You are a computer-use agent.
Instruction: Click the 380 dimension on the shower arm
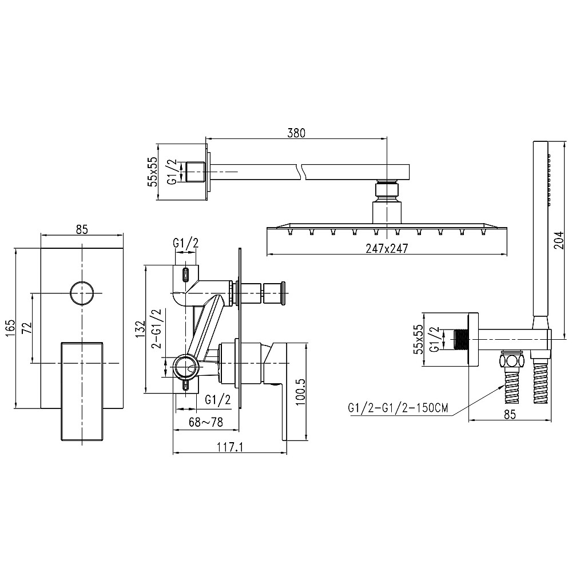click(x=296, y=133)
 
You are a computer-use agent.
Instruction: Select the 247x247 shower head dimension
click(x=387, y=248)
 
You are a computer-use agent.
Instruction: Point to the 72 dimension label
click(x=26, y=328)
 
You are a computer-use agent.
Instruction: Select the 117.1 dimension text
click(x=230, y=447)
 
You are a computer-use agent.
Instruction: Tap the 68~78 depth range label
click(x=206, y=422)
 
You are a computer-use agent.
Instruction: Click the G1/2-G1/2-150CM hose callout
click(x=398, y=407)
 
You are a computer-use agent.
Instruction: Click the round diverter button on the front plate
click(x=82, y=293)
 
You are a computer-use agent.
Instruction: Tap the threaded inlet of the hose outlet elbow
click(x=461, y=340)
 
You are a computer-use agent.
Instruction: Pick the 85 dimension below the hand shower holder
click(x=510, y=414)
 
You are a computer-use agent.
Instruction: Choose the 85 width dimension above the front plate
click(x=82, y=229)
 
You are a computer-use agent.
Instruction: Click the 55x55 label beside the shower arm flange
click(x=153, y=172)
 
